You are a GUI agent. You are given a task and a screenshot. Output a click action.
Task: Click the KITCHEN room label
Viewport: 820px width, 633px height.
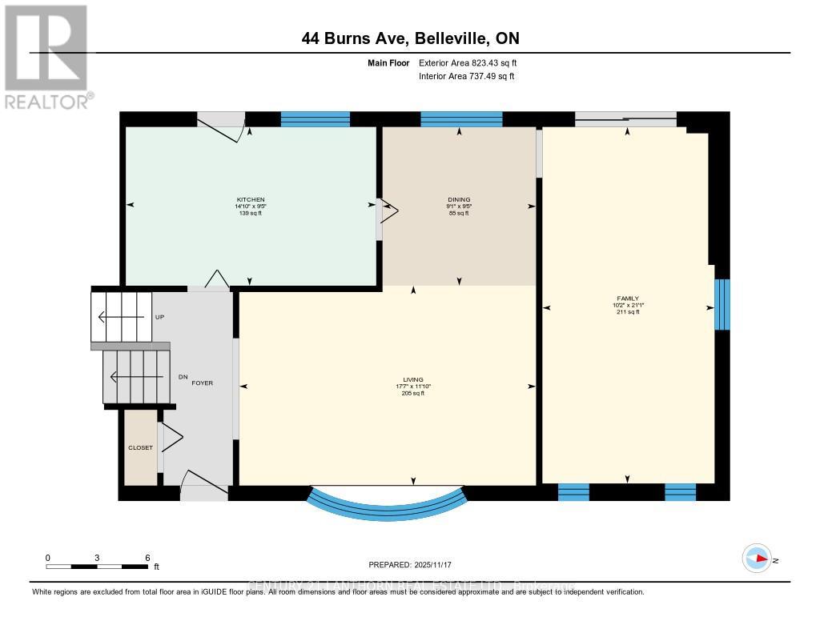tap(250, 199)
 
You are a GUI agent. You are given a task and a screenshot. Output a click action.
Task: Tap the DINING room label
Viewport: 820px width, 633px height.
tap(459, 199)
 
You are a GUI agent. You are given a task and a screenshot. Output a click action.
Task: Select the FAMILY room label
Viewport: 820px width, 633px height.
tap(629, 298)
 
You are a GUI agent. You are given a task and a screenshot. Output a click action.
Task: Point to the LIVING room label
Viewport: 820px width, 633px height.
tap(413, 380)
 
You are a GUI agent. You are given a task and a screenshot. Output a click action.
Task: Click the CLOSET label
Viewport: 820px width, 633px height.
tap(140, 447)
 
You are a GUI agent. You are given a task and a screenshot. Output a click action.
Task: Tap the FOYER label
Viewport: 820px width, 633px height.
tap(202, 383)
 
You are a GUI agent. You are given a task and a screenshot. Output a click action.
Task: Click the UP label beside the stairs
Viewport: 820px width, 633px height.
tap(159, 318)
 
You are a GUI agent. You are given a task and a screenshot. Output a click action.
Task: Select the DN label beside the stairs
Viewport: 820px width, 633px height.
tap(183, 377)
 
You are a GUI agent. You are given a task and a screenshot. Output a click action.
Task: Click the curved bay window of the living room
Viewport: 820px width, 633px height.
tap(387, 503)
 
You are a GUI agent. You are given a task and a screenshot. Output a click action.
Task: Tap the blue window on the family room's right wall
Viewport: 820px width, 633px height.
tap(722, 304)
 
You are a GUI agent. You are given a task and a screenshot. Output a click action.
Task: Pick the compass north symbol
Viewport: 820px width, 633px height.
tap(757, 559)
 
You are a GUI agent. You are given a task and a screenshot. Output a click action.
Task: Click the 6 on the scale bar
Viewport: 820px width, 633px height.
tap(147, 557)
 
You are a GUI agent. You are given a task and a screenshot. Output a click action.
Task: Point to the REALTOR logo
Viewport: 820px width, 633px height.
tap(46, 56)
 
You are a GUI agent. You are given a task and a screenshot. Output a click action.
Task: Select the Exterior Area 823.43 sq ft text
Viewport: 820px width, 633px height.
tap(466, 63)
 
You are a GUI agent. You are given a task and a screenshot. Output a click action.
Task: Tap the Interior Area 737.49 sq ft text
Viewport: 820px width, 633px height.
tap(466, 77)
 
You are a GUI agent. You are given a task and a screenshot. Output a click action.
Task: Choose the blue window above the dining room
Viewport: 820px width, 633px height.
tap(461, 119)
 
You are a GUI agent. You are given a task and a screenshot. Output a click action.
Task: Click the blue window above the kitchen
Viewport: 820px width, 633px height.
tap(316, 119)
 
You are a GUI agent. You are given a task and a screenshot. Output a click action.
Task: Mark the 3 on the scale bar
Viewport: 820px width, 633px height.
tap(97, 557)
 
